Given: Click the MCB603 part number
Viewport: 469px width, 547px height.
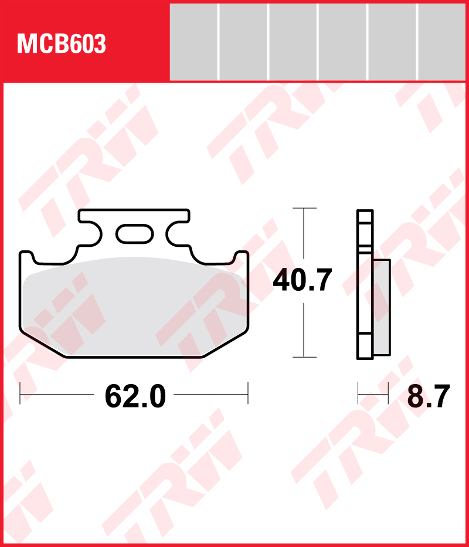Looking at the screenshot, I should point(62,44).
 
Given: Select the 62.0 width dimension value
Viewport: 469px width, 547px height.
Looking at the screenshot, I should point(135,397).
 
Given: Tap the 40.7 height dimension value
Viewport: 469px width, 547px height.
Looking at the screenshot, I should point(303,280).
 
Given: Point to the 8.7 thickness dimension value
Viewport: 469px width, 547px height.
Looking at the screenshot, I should point(429,397).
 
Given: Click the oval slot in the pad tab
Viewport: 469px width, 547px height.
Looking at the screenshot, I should point(134,234).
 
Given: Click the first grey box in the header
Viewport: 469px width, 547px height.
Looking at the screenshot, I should point(193,42).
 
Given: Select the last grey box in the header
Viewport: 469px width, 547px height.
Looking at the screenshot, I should point(443,42).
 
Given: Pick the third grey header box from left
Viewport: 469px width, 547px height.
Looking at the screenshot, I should point(293,42).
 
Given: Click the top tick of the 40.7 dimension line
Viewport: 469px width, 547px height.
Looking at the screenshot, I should point(304,208).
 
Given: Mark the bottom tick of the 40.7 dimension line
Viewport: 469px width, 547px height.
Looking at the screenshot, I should point(304,357).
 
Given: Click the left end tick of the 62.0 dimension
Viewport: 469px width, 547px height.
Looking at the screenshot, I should point(21,393).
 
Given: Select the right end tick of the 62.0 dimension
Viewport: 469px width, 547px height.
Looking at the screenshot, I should point(249,393).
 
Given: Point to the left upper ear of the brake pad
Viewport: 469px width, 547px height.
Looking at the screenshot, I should point(26,256).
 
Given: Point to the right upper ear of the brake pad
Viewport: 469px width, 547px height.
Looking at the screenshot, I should point(242,256).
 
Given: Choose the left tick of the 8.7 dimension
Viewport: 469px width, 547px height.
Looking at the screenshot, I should point(358,393).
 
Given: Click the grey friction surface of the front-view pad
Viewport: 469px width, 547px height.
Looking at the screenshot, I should point(135,308).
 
